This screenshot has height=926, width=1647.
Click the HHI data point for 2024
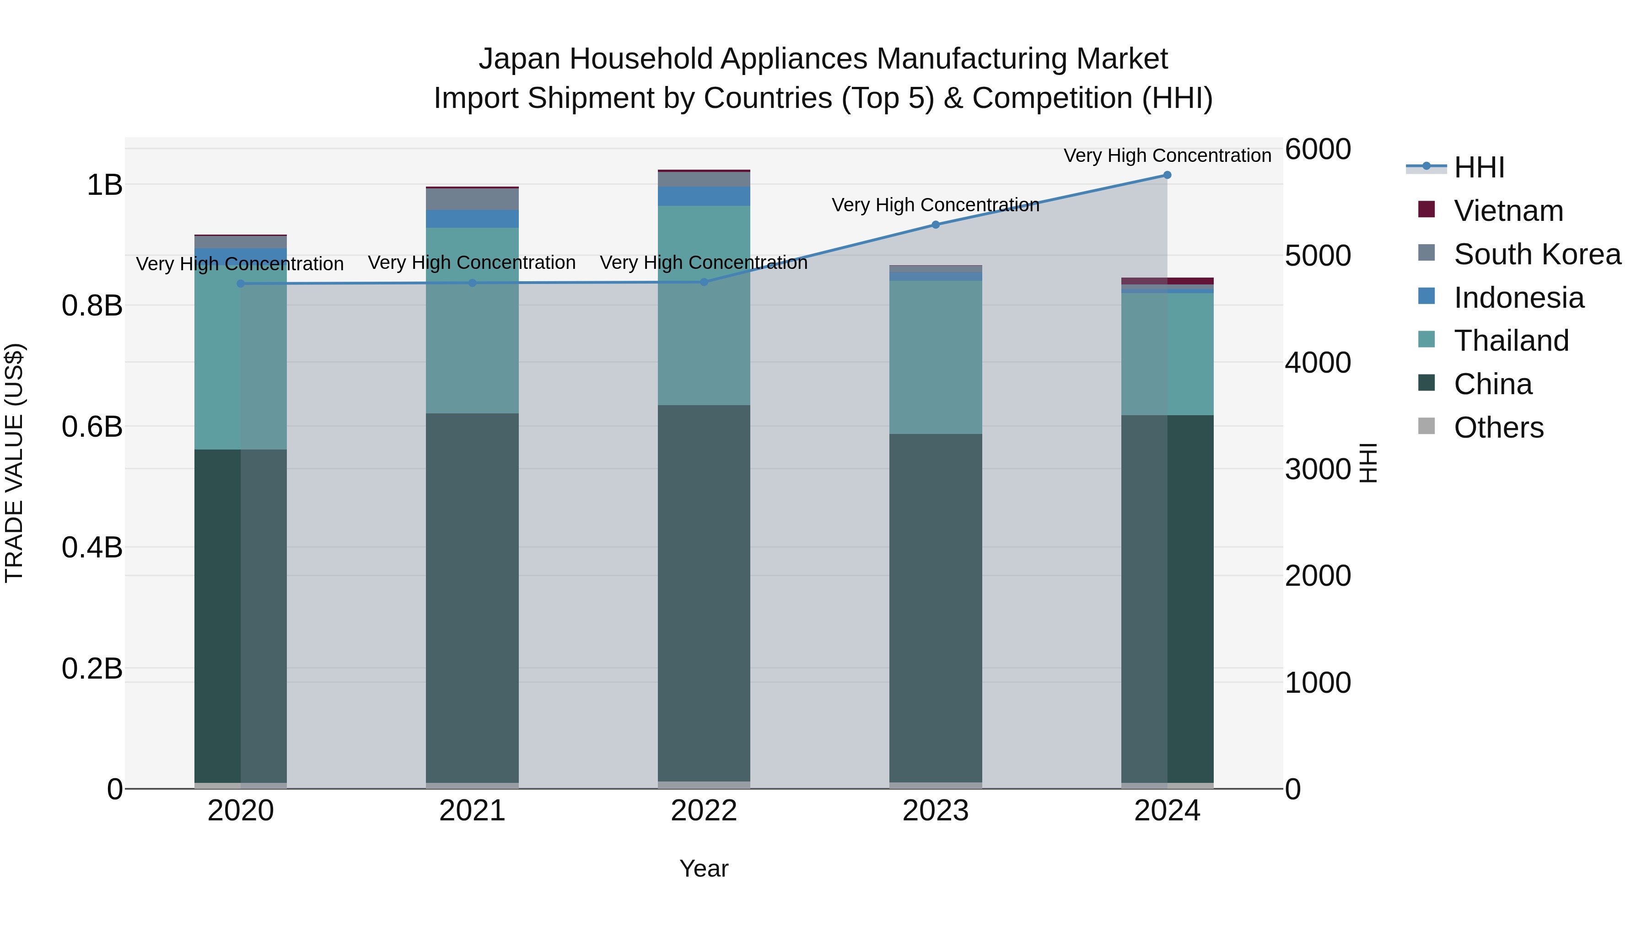coord(1167,175)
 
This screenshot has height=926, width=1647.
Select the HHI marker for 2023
coord(936,225)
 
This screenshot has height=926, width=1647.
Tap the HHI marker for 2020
coord(240,284)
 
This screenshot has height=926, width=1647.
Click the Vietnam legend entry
coord(1508,211)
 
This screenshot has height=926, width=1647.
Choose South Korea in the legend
coord(1537,254)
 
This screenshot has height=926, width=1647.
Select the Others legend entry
coord(1498,428)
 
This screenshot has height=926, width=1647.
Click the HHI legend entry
coord(1479,167)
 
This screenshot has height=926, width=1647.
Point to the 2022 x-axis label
coord(704,811)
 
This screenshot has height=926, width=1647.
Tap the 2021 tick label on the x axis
coord(472,811)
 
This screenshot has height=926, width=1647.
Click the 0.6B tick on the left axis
coord(92,427)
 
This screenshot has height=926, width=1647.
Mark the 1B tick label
coord(104,185)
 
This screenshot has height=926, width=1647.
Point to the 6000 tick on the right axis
coord(1318,150)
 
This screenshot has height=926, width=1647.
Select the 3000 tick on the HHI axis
coord(1318,470)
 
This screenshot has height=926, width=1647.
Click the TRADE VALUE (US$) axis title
coord(15,463)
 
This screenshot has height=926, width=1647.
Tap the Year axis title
coord(704,868)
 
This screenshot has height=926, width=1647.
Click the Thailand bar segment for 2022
coord(704,305)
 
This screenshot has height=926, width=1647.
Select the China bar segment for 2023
coord(936,607)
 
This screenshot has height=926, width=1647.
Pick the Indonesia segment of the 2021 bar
coord(472,219)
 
